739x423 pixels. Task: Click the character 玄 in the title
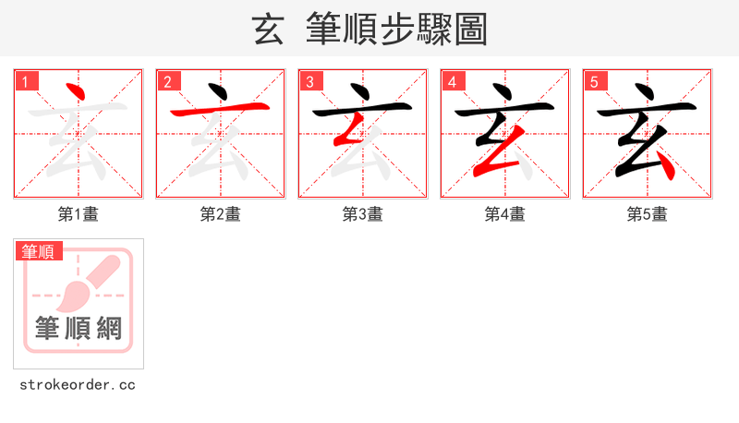[268, 30]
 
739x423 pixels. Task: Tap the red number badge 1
[27, 81]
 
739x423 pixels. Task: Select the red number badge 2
[168, 81]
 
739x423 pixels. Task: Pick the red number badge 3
[310, 81]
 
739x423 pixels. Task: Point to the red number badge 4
[453, 81]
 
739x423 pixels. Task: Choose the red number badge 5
[595, 81]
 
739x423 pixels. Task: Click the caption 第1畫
[79, 214]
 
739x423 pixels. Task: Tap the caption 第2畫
[221, 214]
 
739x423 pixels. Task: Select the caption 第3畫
[363, 214]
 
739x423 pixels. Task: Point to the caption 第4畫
[505, 214]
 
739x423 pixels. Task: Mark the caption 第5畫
[648, 214]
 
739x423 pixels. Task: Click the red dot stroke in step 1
[76, 93]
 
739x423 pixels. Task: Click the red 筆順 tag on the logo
[38, 251]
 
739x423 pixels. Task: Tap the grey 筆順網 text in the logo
[79, 328]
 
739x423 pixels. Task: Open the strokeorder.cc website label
[78, 384]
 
